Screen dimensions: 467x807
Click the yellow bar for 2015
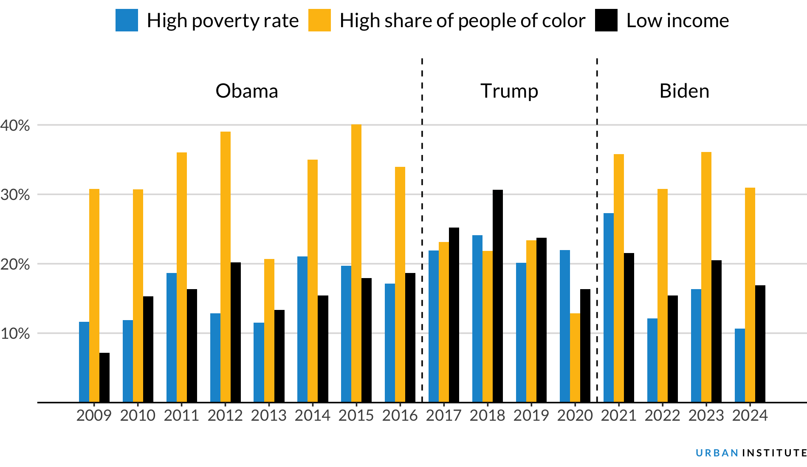tap(356, 263)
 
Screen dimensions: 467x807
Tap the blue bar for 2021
tap(608, 307)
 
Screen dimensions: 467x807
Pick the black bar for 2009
tap(104, 377)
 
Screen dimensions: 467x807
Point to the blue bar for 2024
tap(739, 365)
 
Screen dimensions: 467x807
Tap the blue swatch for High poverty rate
tap(127, 20)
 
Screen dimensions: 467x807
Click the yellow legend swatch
tap(319, 20)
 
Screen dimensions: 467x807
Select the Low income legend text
tap(677, 20)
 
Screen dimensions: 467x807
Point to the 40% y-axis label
tap(15, 125)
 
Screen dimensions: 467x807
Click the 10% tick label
tap(15, 333)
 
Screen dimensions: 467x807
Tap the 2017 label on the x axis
tap(443, 415)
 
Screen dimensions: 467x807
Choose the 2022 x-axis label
tap(662, 415)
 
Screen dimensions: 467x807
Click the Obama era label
tap(247, 91)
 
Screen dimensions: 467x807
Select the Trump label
tap(509, 91)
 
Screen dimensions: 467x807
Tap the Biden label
tap(684, 91)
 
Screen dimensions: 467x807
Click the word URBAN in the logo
tap(717, 453)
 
